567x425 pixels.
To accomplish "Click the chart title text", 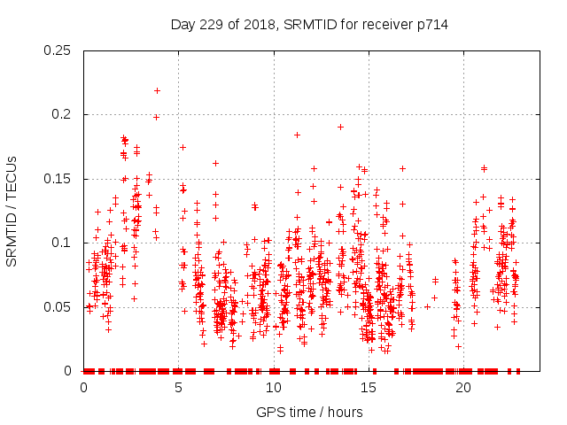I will coord(308,25).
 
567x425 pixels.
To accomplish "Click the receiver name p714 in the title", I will coord(430,25).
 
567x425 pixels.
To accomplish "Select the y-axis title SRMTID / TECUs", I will coord(12,211).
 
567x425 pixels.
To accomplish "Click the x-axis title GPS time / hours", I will coord(309,412).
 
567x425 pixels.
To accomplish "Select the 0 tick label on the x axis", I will coord(83,387).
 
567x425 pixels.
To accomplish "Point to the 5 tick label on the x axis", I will coord(178,387).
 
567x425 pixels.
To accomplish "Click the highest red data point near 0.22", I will coord(157,90).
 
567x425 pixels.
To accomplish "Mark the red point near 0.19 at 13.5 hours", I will coord(340,127).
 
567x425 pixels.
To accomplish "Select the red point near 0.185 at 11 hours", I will coord(297,135).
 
